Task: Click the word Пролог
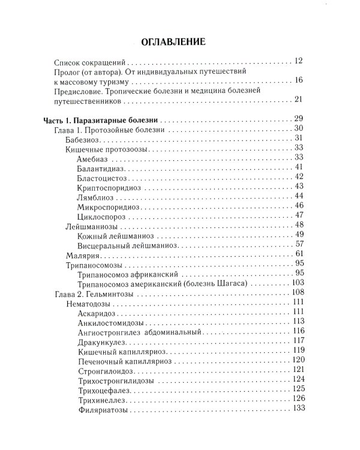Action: coord(68,71)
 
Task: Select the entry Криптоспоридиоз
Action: coord(109,187)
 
